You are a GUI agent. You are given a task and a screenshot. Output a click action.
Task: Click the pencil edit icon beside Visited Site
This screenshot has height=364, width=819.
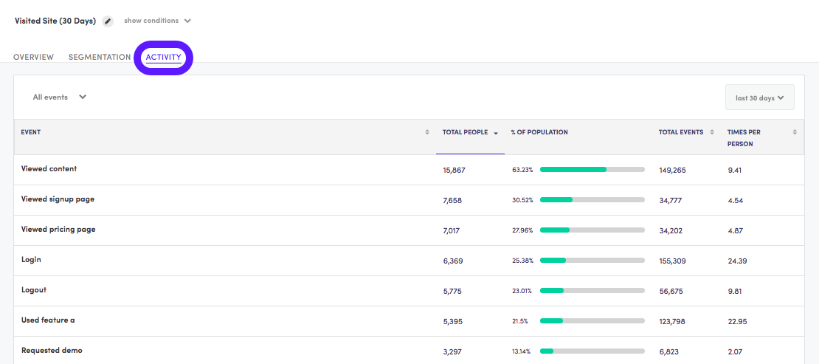[108, 21]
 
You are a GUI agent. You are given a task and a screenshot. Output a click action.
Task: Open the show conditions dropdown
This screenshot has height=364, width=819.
[157, 21]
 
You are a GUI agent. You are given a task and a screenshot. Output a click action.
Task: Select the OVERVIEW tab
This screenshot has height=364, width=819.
[33, 57]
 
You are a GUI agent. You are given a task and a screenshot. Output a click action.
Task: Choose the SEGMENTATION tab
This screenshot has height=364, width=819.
[100, 57]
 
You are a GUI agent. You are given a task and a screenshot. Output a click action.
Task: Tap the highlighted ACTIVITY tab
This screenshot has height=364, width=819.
[163, 57]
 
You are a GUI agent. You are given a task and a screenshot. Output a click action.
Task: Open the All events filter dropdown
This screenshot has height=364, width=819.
[60, 97]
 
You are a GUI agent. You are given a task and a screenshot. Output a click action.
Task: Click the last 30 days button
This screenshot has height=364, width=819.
[759, 97]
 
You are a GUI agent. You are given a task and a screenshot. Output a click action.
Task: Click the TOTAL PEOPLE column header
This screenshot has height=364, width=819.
[466, 132]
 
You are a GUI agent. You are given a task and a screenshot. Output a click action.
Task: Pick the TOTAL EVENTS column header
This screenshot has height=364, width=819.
[681, 132]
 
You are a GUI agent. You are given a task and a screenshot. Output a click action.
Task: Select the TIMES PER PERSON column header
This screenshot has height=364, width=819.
[744, 137]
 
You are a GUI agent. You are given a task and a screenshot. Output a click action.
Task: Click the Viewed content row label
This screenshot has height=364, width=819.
[49, 169]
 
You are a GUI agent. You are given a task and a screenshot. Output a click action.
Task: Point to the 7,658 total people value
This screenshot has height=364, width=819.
[452, 200]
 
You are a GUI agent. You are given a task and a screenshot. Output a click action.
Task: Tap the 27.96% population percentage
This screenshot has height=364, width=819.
[522, 230]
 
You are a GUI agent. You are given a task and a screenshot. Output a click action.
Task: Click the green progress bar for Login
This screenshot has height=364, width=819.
[553, 261]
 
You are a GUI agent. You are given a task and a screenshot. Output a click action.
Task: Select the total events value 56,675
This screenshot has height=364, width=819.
[671, 291]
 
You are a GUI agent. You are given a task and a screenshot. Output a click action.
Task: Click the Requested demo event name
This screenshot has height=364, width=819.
[52, 351]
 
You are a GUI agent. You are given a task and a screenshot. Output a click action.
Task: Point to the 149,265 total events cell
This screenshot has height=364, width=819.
[672, 170]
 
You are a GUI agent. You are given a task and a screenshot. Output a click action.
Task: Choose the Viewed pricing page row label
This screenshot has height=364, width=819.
[58, 230]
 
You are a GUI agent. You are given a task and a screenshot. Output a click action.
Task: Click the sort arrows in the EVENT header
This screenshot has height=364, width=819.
[427, 132]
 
